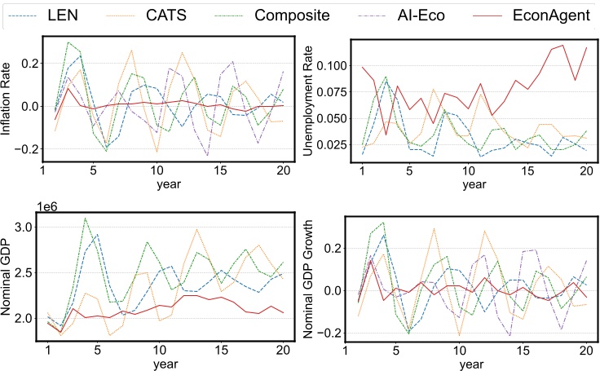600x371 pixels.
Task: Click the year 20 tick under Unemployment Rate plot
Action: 585,174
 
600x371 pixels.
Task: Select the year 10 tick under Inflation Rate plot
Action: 157,174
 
